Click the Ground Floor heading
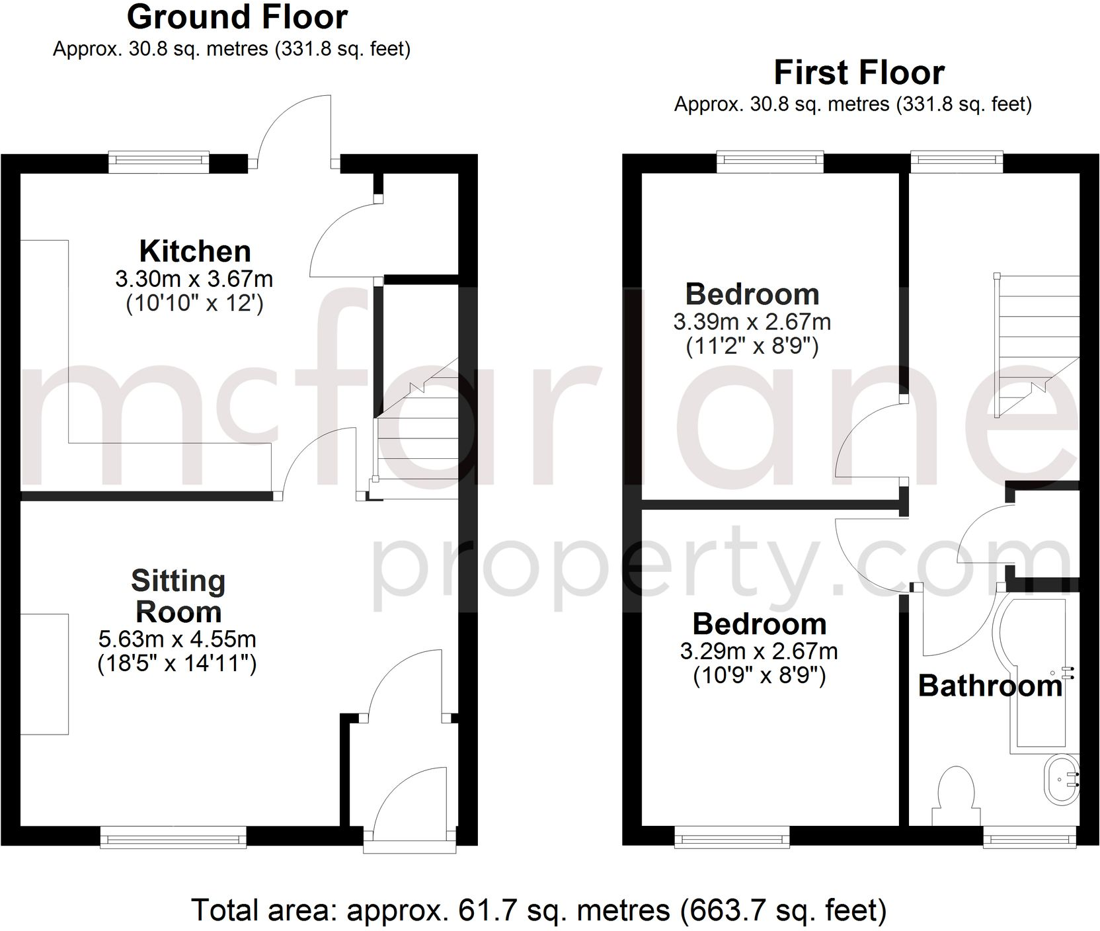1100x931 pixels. [x=237, y=18]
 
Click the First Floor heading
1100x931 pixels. [x=859, y=73]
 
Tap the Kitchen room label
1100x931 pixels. [x=195, y=252]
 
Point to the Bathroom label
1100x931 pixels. [x=990, y=686]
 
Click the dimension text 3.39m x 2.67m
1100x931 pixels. [x=752, y=322]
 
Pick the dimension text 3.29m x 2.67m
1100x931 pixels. [x=759, y=651]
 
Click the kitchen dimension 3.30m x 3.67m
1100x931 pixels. [x=194, y=279]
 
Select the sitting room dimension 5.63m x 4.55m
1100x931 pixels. [x=177, y=639]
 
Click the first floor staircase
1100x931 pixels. [x=1037, y=344]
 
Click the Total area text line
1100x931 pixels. [x=539, y=910]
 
